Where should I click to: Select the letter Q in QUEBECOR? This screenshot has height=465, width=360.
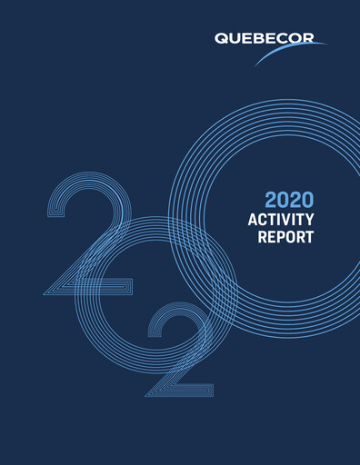point(221,39)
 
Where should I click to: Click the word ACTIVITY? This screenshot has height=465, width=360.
point(281,220)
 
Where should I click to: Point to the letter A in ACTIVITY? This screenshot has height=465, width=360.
point(253,220)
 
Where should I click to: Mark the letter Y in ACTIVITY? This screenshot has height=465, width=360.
point(309,220)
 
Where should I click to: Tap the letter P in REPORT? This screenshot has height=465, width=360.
point(283,239)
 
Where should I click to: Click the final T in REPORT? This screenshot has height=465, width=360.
point(310,239)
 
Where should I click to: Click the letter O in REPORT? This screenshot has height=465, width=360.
point(292,239)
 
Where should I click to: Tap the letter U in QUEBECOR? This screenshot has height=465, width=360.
point(232,39)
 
